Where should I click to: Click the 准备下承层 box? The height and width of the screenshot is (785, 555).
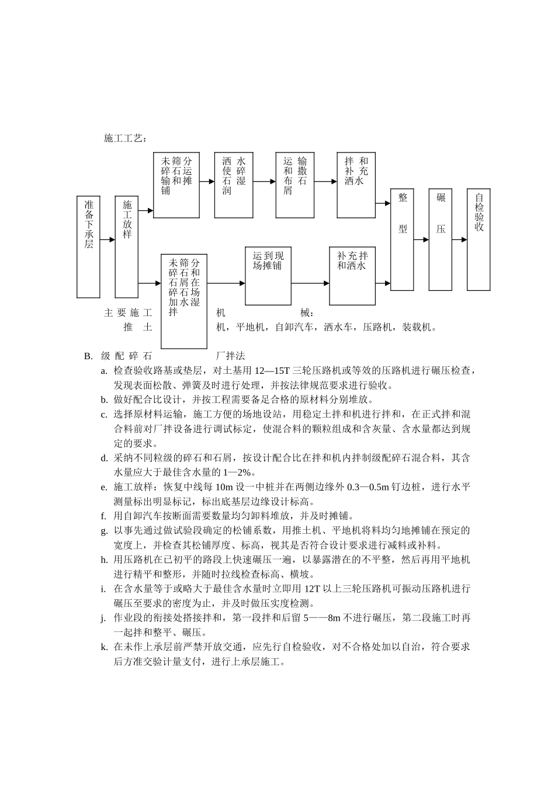coord(88,239)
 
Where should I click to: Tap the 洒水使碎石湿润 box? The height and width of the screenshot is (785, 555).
coord(234,185)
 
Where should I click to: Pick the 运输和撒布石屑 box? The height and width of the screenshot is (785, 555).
coord(295,185)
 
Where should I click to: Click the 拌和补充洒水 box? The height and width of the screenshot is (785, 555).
coord(356,185)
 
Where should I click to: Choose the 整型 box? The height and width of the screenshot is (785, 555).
coord(403,239)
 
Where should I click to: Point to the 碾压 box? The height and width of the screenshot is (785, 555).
coord(440,239)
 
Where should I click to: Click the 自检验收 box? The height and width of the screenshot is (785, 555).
coord(478,239)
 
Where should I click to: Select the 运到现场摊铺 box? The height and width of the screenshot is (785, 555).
coord(268,276)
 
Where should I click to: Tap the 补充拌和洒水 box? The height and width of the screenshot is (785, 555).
coord(352,276)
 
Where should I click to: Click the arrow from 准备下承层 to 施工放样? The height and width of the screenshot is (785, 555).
coord(107,239)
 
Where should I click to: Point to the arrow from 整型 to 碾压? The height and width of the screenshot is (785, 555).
coord(421,239)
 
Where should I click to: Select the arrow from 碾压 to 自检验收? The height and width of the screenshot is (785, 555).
coord(459,239)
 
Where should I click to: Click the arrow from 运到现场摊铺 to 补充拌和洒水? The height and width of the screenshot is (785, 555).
coord(310,283)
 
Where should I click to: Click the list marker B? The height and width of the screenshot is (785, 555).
coord(88,356)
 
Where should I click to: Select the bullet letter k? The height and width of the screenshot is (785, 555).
coord(103,647)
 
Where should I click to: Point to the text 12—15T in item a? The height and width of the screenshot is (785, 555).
coord(270,370)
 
